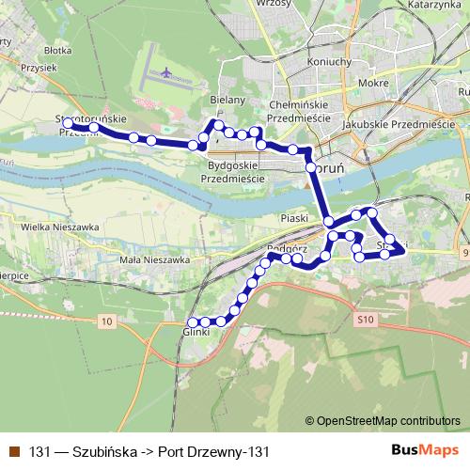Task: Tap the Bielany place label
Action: click(x=227, y=99)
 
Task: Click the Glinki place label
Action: click(x=196, y=331)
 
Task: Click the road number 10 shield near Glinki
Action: click(x=105, y=321)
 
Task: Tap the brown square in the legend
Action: click(x=13, y=451)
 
